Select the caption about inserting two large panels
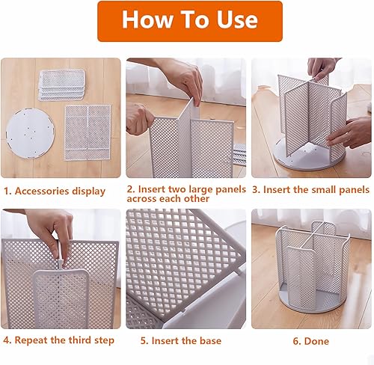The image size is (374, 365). coord(186,194)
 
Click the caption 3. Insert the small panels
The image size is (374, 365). coord(310,190)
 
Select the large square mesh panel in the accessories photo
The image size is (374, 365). coord(88,130)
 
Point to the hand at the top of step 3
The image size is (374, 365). coord(323,68)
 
